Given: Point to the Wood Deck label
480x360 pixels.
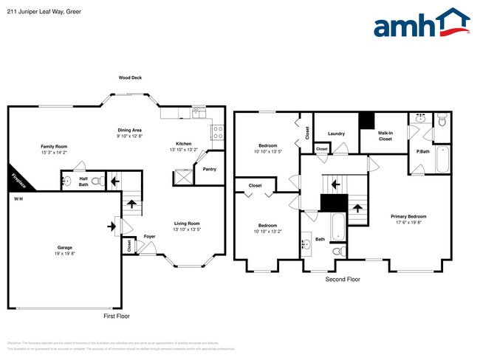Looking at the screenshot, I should click(131, 77).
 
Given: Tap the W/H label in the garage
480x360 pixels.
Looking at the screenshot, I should click(18, 198).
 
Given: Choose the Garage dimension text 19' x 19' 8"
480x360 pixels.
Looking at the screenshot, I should click(64, 253).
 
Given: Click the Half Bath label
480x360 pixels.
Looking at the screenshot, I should click(84, 182).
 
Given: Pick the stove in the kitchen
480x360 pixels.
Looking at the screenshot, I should click(218, 133).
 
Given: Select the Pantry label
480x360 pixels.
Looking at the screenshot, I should click(209, 169).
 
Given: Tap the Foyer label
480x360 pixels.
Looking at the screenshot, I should click(149, 237).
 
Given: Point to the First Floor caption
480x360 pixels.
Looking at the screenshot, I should click(116, 315).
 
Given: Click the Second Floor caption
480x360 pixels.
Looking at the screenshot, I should click(343, 280).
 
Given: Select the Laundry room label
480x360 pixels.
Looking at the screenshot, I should click(336, 134).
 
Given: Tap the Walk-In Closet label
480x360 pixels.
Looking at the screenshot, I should click(385, 136).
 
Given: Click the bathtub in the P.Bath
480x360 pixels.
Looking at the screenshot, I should click(442, 159).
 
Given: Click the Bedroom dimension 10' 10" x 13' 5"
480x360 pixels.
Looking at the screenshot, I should click(267, 151).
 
